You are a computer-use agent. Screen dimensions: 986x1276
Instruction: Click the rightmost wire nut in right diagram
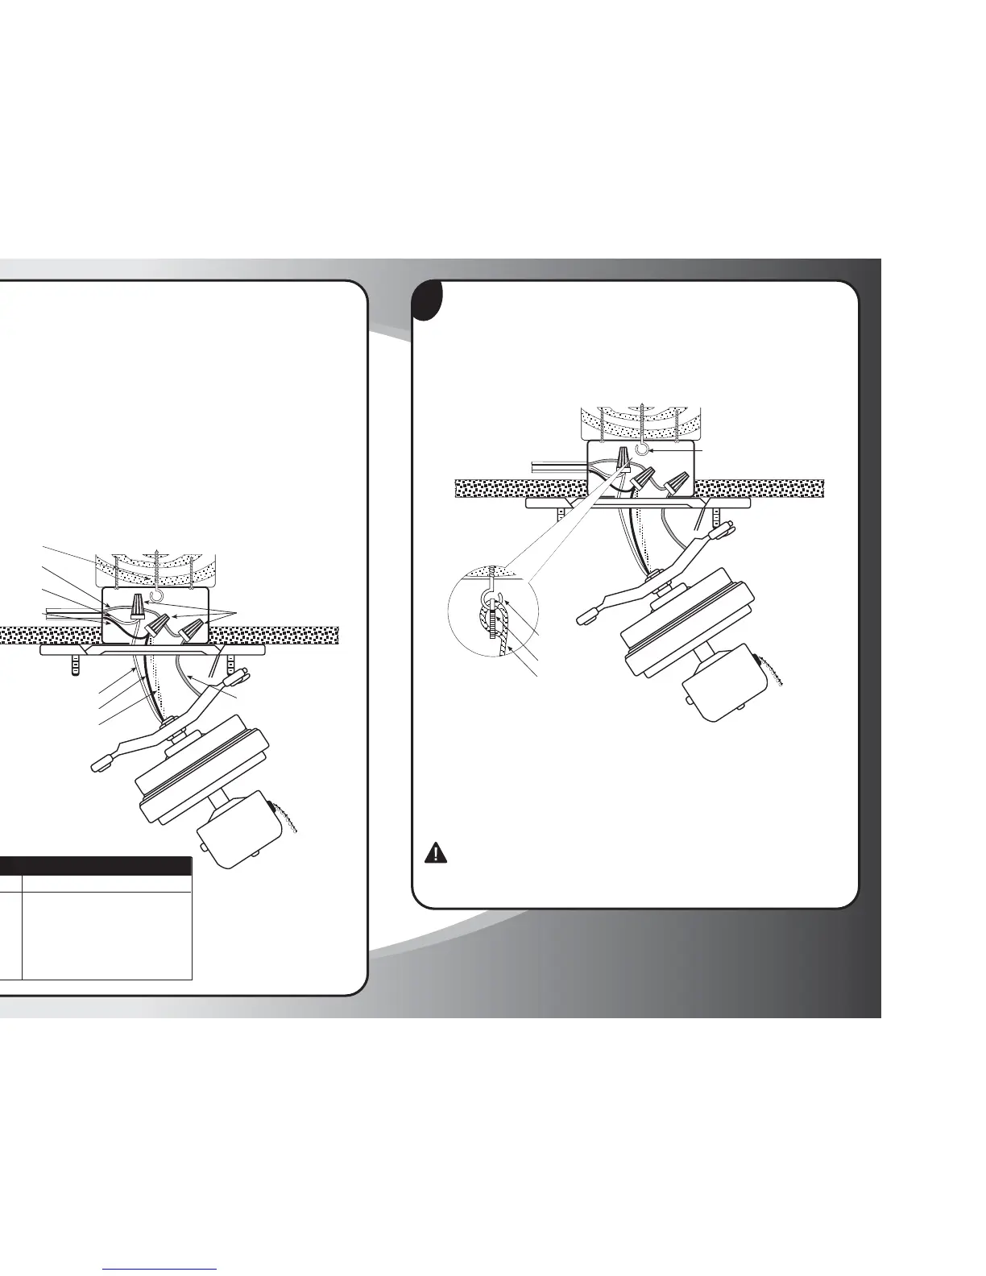(x=678, y=484)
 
